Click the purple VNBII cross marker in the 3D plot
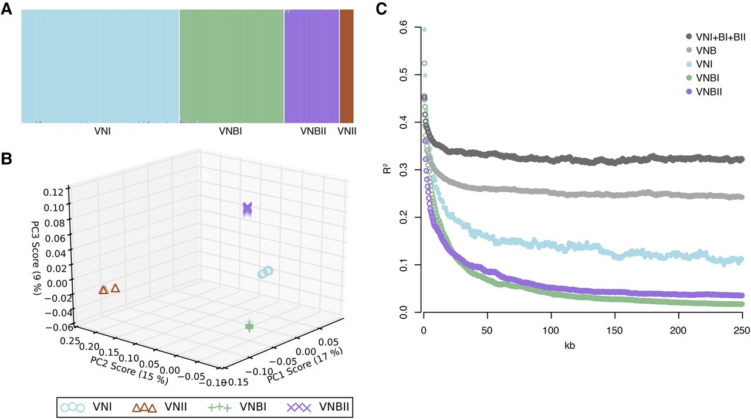[x=248, y=209]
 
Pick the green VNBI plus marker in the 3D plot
[x=249, y=326]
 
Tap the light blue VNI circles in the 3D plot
[x=266, y=272]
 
